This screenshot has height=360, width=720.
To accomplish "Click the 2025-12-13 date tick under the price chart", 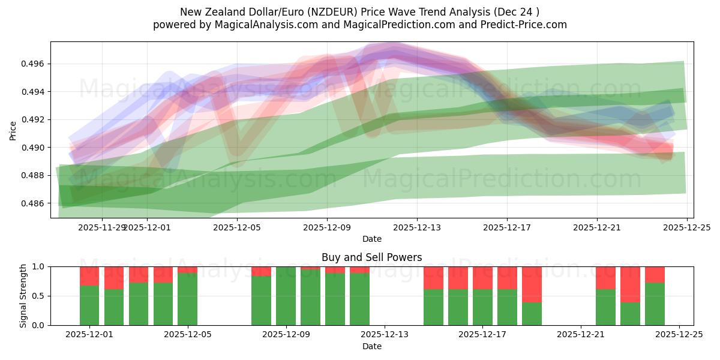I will click(417, 227).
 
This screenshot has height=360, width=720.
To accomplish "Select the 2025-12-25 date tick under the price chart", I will click(687, 227).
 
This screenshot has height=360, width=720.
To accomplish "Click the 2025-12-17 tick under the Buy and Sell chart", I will click(483, 335).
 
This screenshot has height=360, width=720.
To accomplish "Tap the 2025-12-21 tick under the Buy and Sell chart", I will click(581, 335).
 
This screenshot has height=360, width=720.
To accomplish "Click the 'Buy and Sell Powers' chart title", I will click(371, 257).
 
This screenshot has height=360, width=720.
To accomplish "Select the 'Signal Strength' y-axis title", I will click(23, 296).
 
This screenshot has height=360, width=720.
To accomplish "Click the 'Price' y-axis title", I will click(13, 130).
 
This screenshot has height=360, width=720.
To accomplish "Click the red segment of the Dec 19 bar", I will click(532, 284).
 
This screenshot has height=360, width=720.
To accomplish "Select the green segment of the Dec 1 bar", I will click(89, 305).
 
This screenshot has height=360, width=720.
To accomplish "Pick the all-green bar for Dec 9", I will click(286, 296).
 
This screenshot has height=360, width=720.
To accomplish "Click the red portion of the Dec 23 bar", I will click(630, 284).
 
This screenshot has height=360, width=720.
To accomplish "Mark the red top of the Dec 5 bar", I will click(187, 269).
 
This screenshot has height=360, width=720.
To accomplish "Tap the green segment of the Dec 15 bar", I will click(433, 307).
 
